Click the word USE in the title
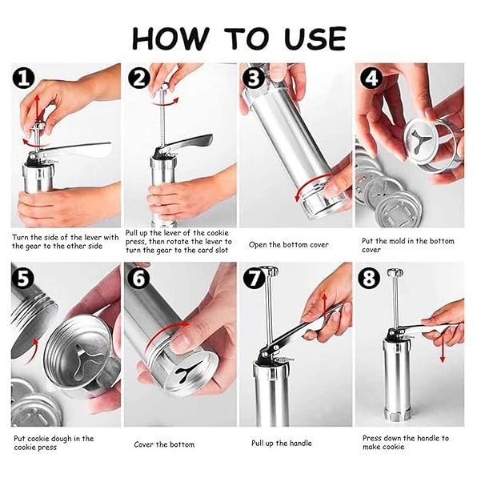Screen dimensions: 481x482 click(315, 38)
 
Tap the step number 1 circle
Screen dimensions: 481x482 click(24, 78)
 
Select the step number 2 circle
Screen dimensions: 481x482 click(139, 78)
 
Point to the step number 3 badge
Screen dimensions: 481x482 click(254, 78)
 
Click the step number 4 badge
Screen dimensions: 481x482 click(371, 78)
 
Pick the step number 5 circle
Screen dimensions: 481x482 click(23, 278)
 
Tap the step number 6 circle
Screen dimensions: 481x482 click(139, 278)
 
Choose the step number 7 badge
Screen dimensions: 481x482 click(255, 278)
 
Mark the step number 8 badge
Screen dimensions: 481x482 click(370, 278)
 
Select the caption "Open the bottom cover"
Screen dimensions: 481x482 click(289, 245)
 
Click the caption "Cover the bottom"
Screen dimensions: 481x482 click(164, 444)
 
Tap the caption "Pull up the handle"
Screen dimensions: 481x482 click(281, 443)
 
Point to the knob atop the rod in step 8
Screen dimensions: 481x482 click(395, 272)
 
